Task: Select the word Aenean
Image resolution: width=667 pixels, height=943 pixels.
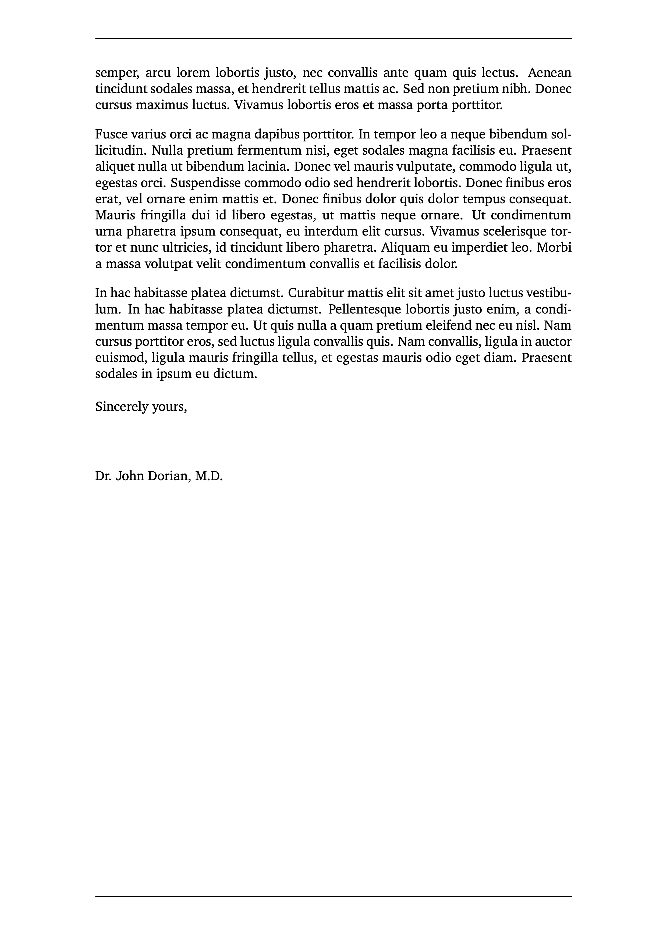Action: click(549, 73)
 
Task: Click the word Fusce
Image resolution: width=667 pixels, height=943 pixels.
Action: click(110, 134)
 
